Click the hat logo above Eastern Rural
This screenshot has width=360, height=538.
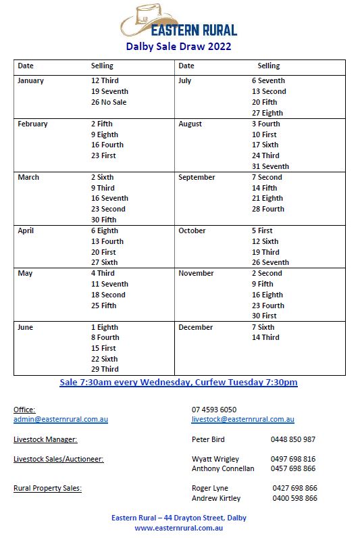[x=145, y=20]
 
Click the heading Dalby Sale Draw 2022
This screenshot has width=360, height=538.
[x=178, y=47]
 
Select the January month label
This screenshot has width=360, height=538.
[x=30, y=81]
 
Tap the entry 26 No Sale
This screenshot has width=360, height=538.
[x=109, y=103]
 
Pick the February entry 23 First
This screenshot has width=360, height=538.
[x=103, y=156]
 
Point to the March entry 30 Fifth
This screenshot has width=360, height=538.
[x=104, y=220]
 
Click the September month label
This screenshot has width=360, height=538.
[x=197, y=178]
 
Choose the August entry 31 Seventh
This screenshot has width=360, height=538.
[x=270, y=167]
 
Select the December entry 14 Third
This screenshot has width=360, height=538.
[x=265, y=338]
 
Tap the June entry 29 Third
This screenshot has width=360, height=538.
[x=105, y=370]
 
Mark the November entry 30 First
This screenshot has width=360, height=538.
[x=264, y=316]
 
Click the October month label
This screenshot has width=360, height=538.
[x=192, y=231]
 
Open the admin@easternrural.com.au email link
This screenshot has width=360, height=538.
[x=61, y=420]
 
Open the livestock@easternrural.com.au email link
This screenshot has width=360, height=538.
[x=243, y=420]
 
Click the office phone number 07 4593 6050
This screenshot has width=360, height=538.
[x=214, y=410]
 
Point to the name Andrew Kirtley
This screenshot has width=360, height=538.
[x=216, y=499]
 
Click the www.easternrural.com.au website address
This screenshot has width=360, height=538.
[x=179, y=529]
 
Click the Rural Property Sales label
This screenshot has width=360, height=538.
[x=47, y=489]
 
